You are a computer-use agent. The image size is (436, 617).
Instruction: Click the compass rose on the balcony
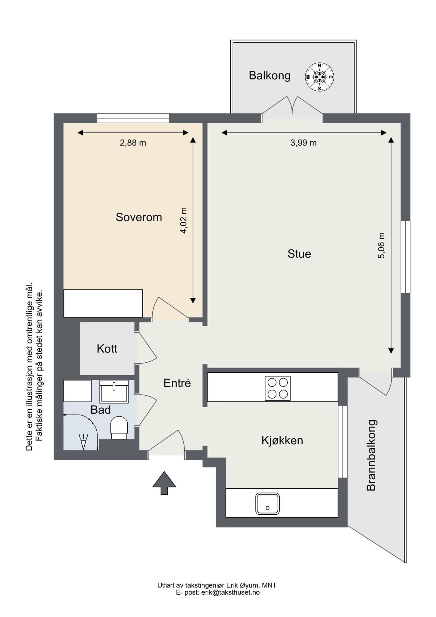click(319, 77)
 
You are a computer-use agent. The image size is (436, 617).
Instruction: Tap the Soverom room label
click(139, 217)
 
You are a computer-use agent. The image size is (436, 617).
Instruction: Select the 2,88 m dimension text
click(133, 143)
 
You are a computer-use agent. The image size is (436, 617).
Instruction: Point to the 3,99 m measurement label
click(304, 143)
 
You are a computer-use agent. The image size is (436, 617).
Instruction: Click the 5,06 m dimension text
click(381, 246)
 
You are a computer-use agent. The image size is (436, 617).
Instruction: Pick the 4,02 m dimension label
click(183, 221)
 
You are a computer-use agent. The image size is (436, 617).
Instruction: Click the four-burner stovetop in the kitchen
click(278, 388)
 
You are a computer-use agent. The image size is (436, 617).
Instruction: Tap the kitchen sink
click(267, 503)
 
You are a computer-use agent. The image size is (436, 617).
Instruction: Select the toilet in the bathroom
click(119, 428)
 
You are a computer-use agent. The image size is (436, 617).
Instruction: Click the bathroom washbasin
click(114, 391)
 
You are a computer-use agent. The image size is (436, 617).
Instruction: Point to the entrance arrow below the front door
click(164, 483)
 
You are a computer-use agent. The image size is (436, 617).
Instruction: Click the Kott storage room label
click(107, 349)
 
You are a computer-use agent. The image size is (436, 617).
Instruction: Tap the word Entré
click(177, 383)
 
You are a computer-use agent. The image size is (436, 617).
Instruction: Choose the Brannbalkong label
click(371, 455)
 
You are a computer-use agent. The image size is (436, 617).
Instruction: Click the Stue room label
click(299, 254)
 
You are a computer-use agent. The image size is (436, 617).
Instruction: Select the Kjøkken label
click(282, 440)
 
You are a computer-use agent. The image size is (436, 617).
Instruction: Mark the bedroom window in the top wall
click(133, 118)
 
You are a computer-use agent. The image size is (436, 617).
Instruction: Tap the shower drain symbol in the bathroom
click(83, 442)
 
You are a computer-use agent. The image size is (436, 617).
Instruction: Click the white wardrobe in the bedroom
click(103, 303)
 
